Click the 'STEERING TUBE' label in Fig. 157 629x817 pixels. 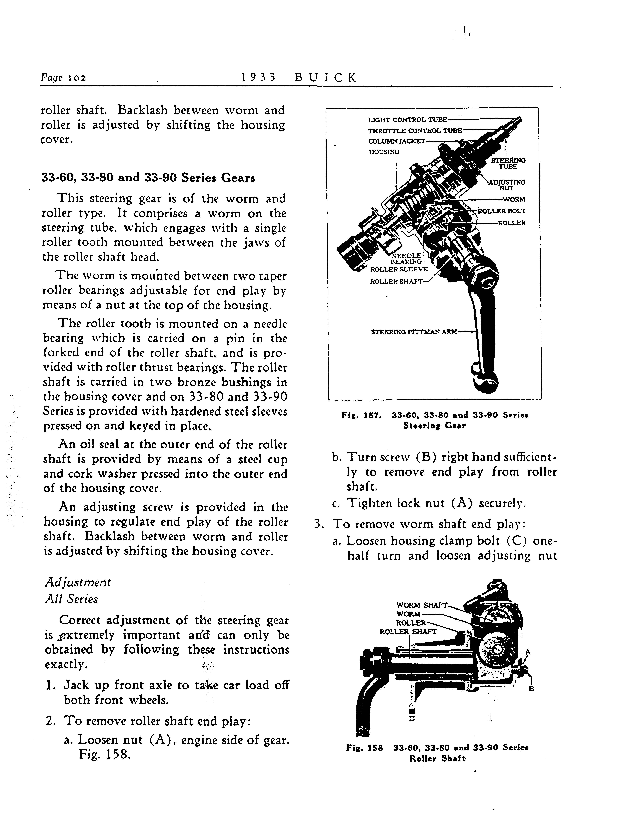(508, 163)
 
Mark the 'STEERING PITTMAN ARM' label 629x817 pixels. (414, 332)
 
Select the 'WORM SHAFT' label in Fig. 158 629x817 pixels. (422, 605)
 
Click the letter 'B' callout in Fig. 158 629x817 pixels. (531, 689)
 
